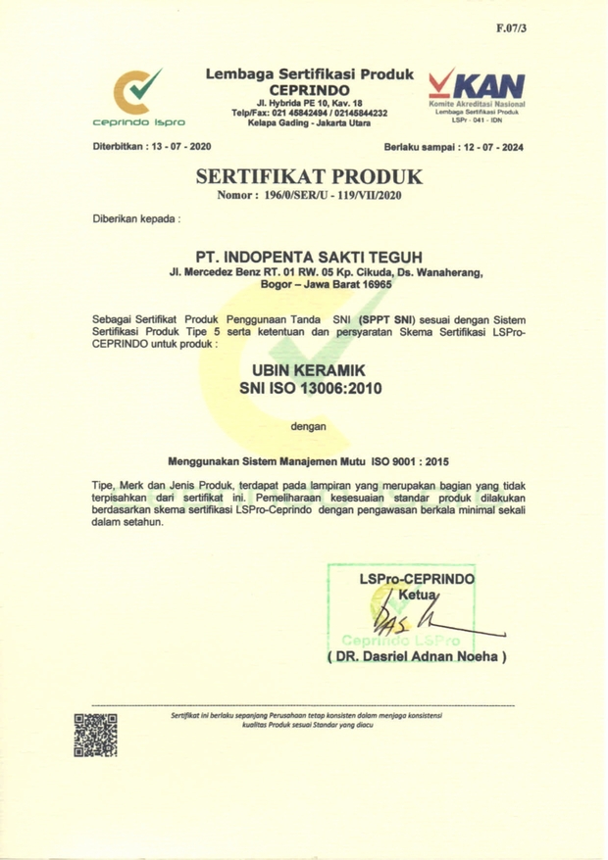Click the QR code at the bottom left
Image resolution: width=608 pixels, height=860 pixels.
click(96, 734)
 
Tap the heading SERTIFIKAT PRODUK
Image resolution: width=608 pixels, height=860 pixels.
click(309, 177)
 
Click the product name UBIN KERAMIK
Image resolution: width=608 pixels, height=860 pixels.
click(309, 370)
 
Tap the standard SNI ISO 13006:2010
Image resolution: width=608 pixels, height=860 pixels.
click(309, 389)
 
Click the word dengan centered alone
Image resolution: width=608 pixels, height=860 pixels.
click(309, 425)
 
